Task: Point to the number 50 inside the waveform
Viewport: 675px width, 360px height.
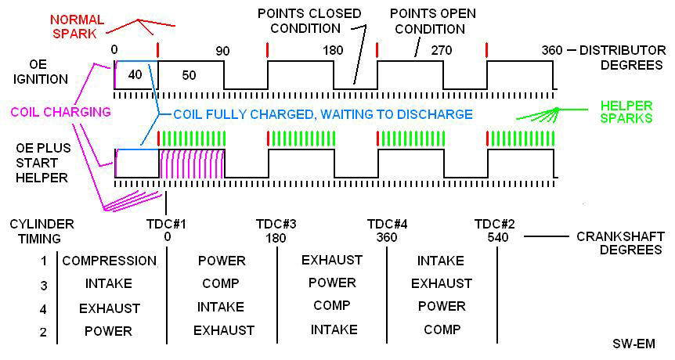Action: tap(190, 75)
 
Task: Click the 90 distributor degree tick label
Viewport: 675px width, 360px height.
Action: tap(222, 51)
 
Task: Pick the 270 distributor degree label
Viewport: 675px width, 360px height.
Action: tap(443, 51)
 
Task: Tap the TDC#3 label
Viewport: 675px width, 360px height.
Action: tap(276, 225)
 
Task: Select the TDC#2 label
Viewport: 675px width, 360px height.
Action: tap(494, 225)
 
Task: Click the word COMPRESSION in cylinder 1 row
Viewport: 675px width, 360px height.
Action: tap(110, 261)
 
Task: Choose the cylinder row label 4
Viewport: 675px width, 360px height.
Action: tap(44, 308)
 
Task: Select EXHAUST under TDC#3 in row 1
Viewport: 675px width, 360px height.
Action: tap(332, 260)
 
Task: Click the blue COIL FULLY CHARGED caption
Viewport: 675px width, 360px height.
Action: tap(323, 114)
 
